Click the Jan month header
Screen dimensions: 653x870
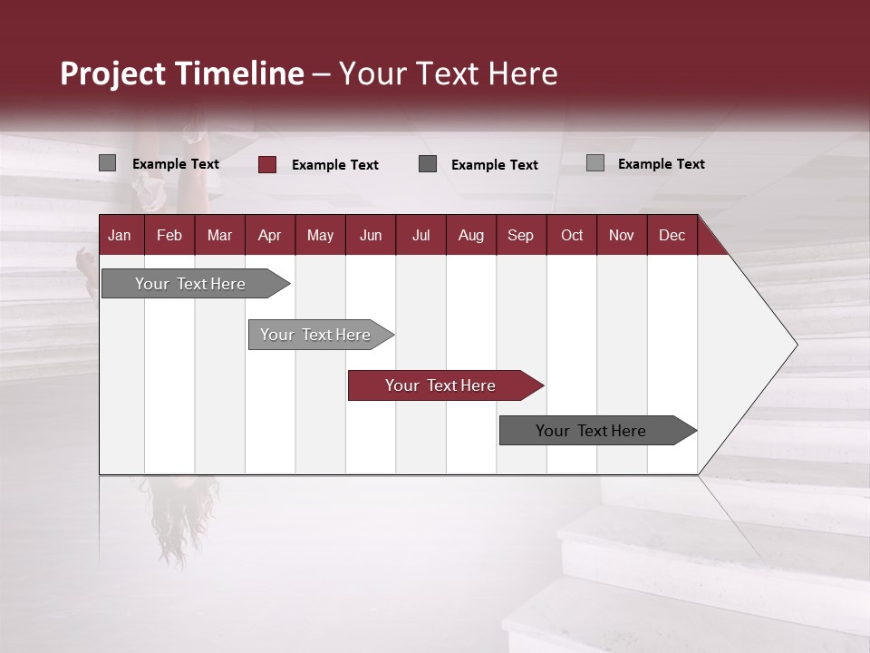coord(120,236)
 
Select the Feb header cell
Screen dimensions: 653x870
coord(169,236)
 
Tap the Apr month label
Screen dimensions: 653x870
coord(270,236)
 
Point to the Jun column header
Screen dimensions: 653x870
coord(371,236)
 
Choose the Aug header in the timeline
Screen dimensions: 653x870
coord(471,236)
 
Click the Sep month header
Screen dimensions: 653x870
coord(520,236)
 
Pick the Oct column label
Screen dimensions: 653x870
coord(572,236)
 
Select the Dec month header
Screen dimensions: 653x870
coord(672,236)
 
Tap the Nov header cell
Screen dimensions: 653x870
coord(622,236)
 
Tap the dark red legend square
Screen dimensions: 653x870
coord(267,164)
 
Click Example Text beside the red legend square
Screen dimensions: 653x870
coord(335,165)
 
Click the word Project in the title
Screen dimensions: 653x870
coord(112,73)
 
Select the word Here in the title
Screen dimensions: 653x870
coord(523,73)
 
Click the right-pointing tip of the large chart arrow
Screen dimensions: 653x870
coord(794,345)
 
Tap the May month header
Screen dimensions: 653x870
coord(320,236)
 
